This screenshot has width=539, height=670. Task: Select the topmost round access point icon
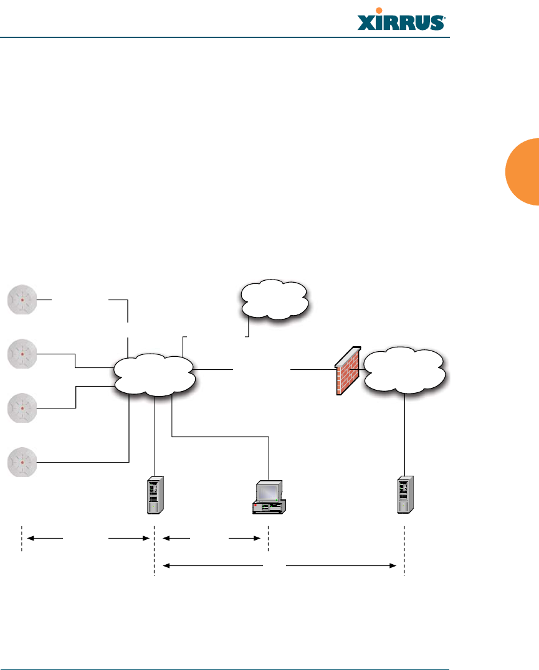pos(22,300)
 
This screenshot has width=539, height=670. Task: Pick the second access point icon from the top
pos(22,354)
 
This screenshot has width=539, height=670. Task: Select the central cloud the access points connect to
pos(155,375)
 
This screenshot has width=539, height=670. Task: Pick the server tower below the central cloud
pos(155,496)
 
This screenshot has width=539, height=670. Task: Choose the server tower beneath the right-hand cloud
pos(405,496)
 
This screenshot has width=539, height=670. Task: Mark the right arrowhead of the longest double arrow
pos(393,565)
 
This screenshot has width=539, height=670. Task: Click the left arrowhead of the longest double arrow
pos(166,565)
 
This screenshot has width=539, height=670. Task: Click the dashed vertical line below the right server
pos(404,551)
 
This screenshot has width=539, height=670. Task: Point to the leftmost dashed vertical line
pos(22,537)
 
